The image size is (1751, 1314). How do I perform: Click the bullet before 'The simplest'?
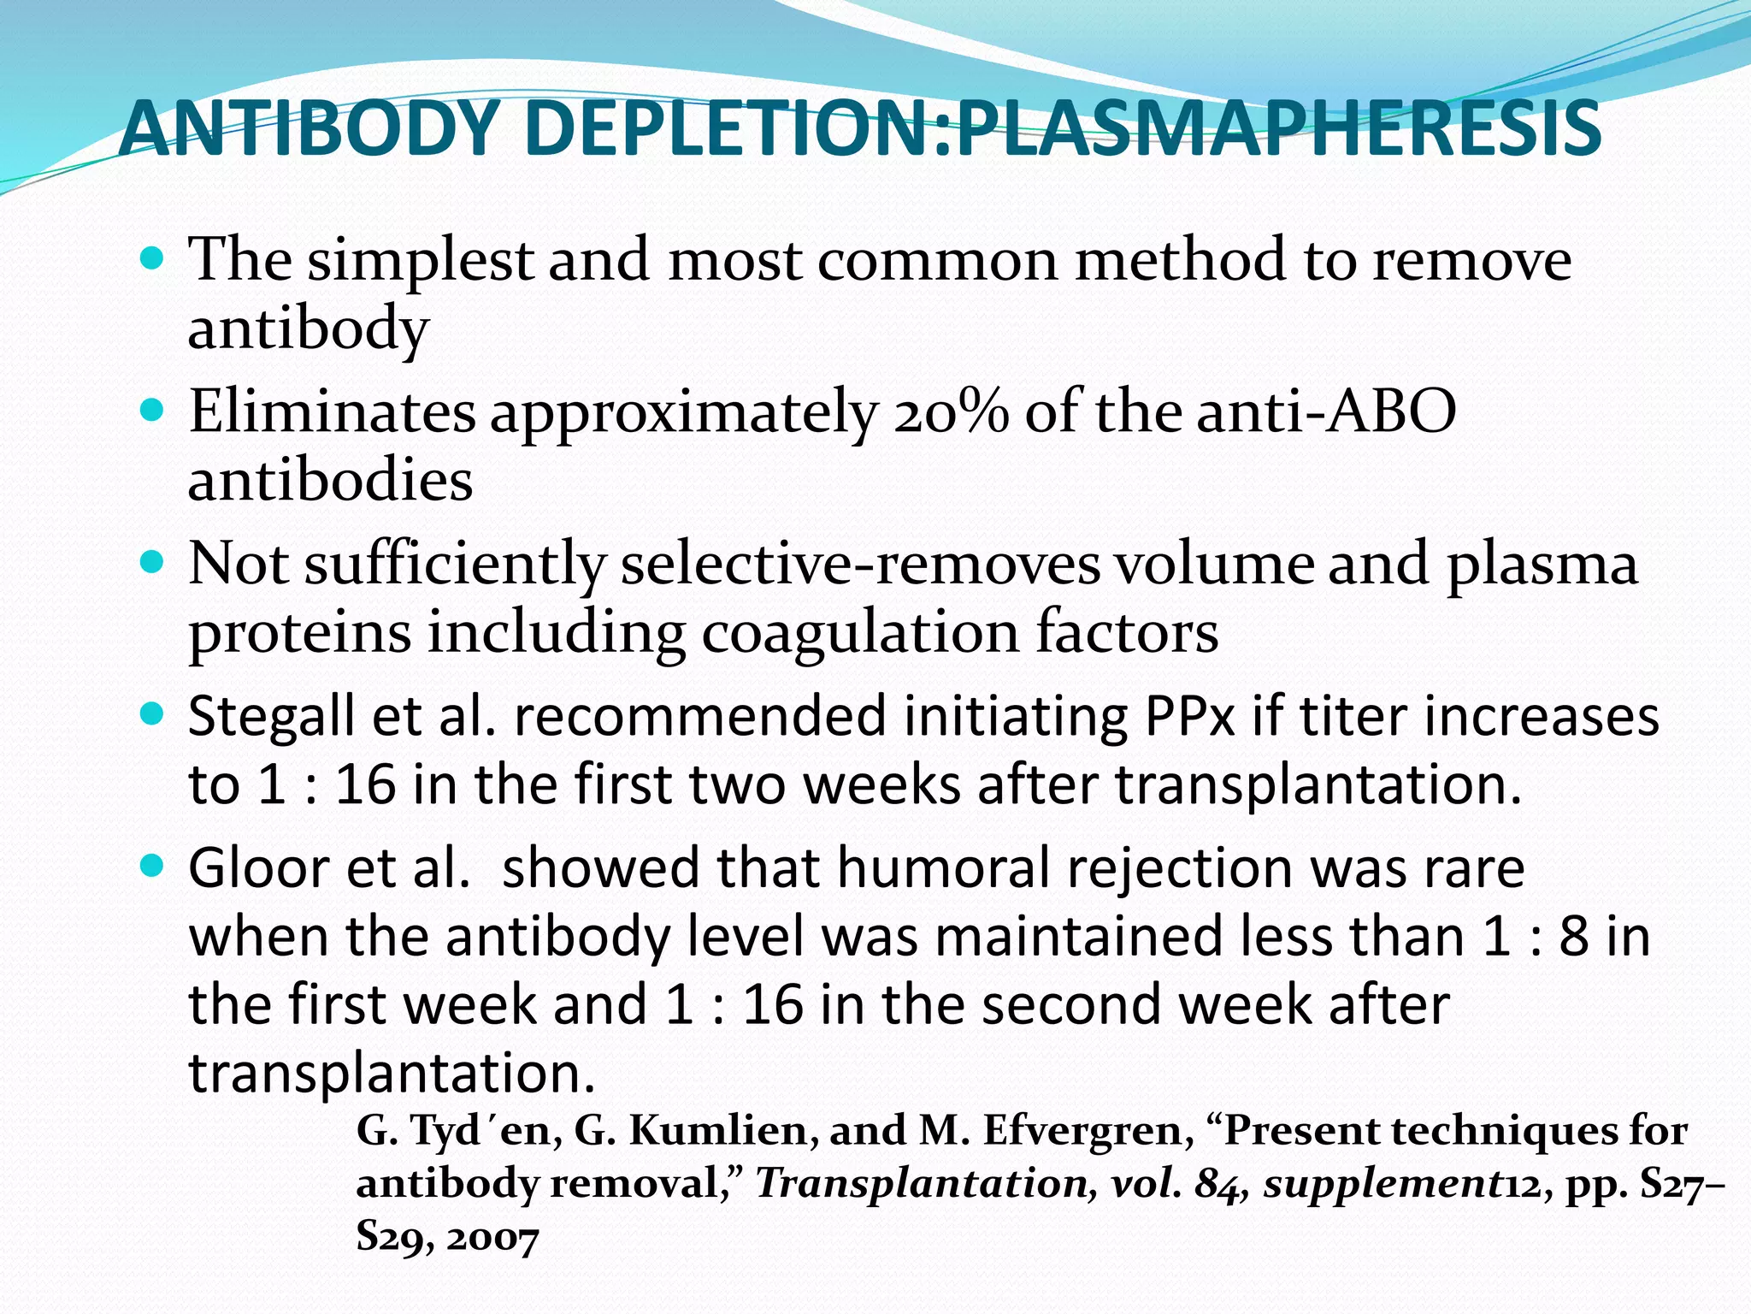pos(151,257)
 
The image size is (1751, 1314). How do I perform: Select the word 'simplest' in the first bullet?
pos(421,260)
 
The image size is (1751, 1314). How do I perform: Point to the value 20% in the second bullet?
pos(951,411)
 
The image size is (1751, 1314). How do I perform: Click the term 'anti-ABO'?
pos(1326,411)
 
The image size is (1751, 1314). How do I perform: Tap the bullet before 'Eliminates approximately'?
pos(151,411)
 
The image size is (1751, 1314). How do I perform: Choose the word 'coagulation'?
pos(860,632)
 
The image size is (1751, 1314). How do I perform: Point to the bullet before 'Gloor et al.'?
pos(151,867)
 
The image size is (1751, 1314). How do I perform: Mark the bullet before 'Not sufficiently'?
pos(151,563)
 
